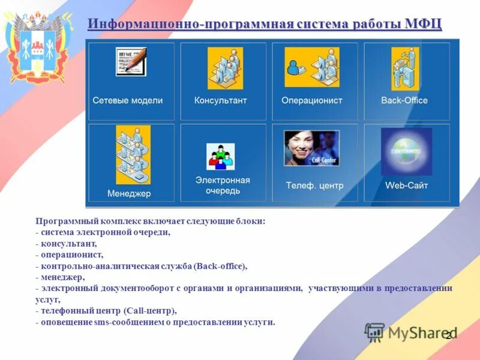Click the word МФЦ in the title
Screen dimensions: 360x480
tap(423, 24)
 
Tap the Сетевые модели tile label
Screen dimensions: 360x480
tap(127, 101)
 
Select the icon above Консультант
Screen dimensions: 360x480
tap(225, 68)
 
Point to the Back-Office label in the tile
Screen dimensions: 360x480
tap(404, 101)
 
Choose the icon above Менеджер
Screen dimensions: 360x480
tap(133, 154)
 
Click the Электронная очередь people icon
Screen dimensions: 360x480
tap(220, 156)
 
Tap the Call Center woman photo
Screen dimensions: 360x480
tap(311, 148)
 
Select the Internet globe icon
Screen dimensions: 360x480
tap(406, 151)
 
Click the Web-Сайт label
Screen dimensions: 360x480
tap(406, 185)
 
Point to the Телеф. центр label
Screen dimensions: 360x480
tap(314, 185)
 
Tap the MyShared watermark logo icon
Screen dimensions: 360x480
tap(374, 332)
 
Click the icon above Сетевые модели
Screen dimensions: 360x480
tap(130, 62)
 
